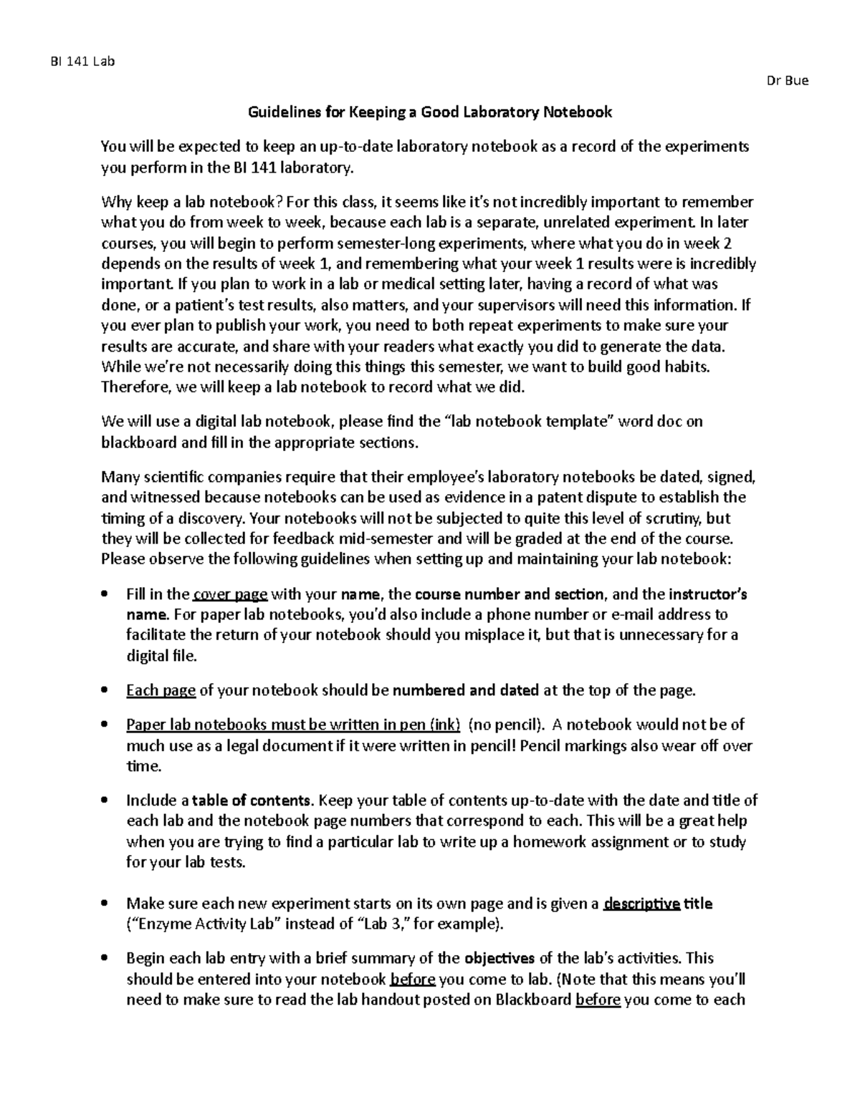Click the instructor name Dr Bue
coord(787,81)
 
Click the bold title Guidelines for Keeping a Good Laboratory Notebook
coord(429,112)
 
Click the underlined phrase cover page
coord(231,594)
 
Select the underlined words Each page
coord(161,691)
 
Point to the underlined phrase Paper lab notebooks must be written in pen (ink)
coord(293,725)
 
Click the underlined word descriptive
coord(641,904)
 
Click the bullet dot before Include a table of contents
coord(105,801)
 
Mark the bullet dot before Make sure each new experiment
coord(105,904)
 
